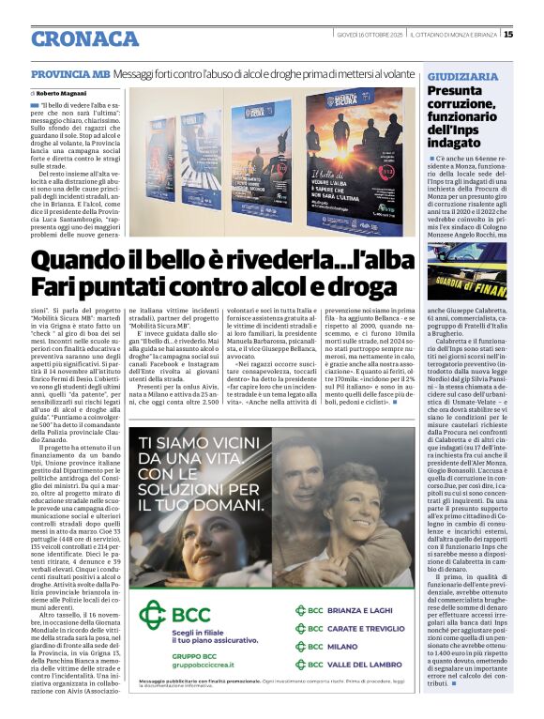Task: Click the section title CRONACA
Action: click(x=84, y=38)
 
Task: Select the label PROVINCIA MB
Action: click(x=69, y=73)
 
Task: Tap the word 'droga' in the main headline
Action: click(x=340, y=285)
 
